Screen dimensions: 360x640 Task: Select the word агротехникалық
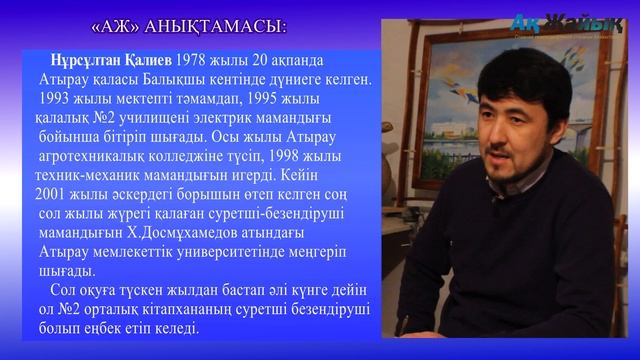pyautogui.click(x=100, y=157)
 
